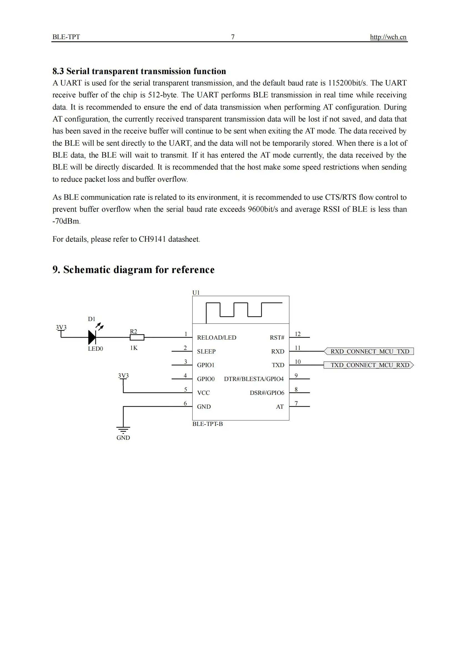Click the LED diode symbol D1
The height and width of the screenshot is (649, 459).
click(92, 337)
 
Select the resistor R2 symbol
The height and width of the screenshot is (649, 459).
click(137, 337)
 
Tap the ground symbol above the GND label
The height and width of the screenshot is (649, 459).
click(123, 430)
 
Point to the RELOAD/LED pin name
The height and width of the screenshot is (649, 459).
click(217, 337)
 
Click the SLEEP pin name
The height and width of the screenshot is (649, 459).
click(206, 351)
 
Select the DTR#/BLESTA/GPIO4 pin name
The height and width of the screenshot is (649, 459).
click(254, 379)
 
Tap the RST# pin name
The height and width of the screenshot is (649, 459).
click(277, 337)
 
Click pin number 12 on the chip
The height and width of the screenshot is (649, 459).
click(297, 334)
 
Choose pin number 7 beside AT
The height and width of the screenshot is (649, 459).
click(296, 403)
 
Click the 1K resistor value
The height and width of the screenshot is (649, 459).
click(134, 348)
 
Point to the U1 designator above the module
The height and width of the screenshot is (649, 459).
click(196, 292)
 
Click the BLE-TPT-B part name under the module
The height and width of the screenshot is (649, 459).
click(208, 424)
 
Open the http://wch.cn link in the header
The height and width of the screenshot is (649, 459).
click(388, 37)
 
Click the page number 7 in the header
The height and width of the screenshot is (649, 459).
click(233, 37)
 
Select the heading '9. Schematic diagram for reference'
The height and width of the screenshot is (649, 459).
click(133, 269)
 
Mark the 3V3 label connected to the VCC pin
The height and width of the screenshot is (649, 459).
click(123, 375)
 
